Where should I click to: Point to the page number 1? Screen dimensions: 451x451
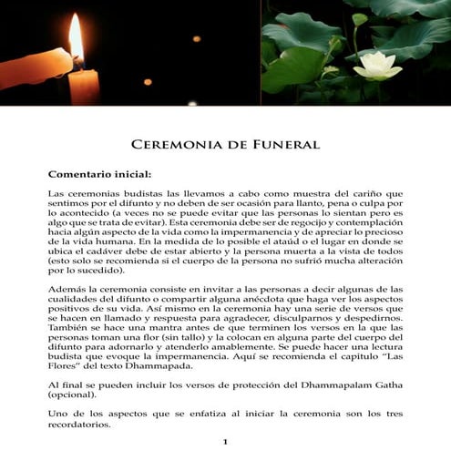point(225,442)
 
